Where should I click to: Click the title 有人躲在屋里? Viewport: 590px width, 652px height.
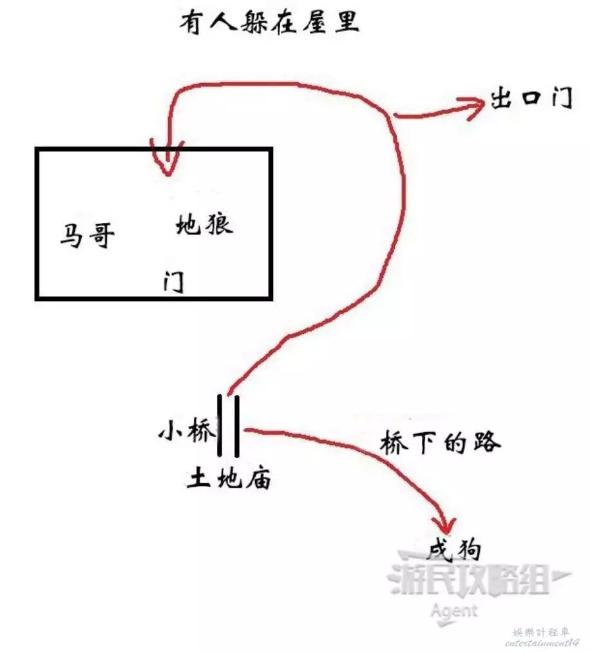pos(269,22)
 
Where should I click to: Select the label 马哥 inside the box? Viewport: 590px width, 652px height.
pos(88,235)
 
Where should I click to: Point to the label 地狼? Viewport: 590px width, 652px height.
pos(204,224)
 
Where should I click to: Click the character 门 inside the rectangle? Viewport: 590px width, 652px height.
pos(174,282)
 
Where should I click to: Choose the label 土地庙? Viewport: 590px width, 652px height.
pos(229,477)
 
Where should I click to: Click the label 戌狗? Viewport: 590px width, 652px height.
pos(455,549)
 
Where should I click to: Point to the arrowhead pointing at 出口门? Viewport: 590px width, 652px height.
pos(474,108)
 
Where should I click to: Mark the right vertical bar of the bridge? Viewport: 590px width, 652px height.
pos(237,426)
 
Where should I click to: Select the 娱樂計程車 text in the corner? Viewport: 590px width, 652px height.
pos(541,633)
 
